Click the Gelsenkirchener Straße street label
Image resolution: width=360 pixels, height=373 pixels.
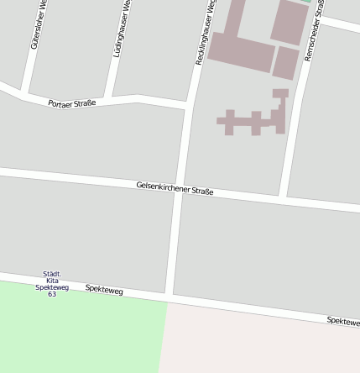tap(175, 188)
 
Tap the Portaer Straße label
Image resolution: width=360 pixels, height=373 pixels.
tap(71, 103)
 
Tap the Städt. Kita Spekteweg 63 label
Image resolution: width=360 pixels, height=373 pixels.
tap(52, 284)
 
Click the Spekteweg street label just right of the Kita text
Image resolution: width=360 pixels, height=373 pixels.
tap(104, 290)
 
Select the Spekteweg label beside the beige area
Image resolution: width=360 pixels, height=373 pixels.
tap(343, 321)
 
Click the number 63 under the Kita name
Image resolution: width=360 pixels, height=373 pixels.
tap(52, 294)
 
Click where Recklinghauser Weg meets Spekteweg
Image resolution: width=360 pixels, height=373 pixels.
tap(169, 297)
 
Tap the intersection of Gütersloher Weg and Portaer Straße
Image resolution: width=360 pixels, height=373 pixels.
tap(24, 92)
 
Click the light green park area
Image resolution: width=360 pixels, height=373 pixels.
tap(76, 332)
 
